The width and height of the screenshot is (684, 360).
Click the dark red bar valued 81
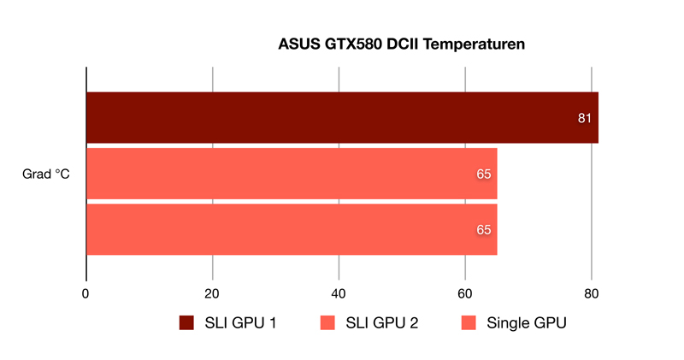tap(343, 118)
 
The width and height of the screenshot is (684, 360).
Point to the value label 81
tap(585, 118)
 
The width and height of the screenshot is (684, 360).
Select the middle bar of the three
tap(292, 174)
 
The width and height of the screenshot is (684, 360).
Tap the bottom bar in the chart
tap(292, 229)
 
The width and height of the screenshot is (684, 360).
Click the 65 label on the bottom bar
tap(484, 230)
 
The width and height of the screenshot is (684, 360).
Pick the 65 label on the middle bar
tap(484, 174)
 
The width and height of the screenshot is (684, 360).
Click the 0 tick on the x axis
tap(85, 294)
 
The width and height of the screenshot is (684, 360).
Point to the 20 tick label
tap(212, 294)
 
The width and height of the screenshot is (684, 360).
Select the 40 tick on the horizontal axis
tap(339, 294)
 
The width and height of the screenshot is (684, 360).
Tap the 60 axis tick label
tap(465, 294)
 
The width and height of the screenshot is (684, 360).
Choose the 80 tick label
tap(592, 294)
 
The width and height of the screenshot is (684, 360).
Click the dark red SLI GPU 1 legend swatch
tap(186, 323)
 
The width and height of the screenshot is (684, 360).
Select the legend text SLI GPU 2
tap(382, 323)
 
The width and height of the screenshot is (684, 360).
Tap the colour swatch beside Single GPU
tap(469, 323)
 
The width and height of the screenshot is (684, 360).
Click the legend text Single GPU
tap(527, 323)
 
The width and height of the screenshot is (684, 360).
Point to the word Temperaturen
tap(475, 44)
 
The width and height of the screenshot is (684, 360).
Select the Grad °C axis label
tap(46, 174)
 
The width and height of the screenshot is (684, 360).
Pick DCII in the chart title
tap(403, 44)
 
